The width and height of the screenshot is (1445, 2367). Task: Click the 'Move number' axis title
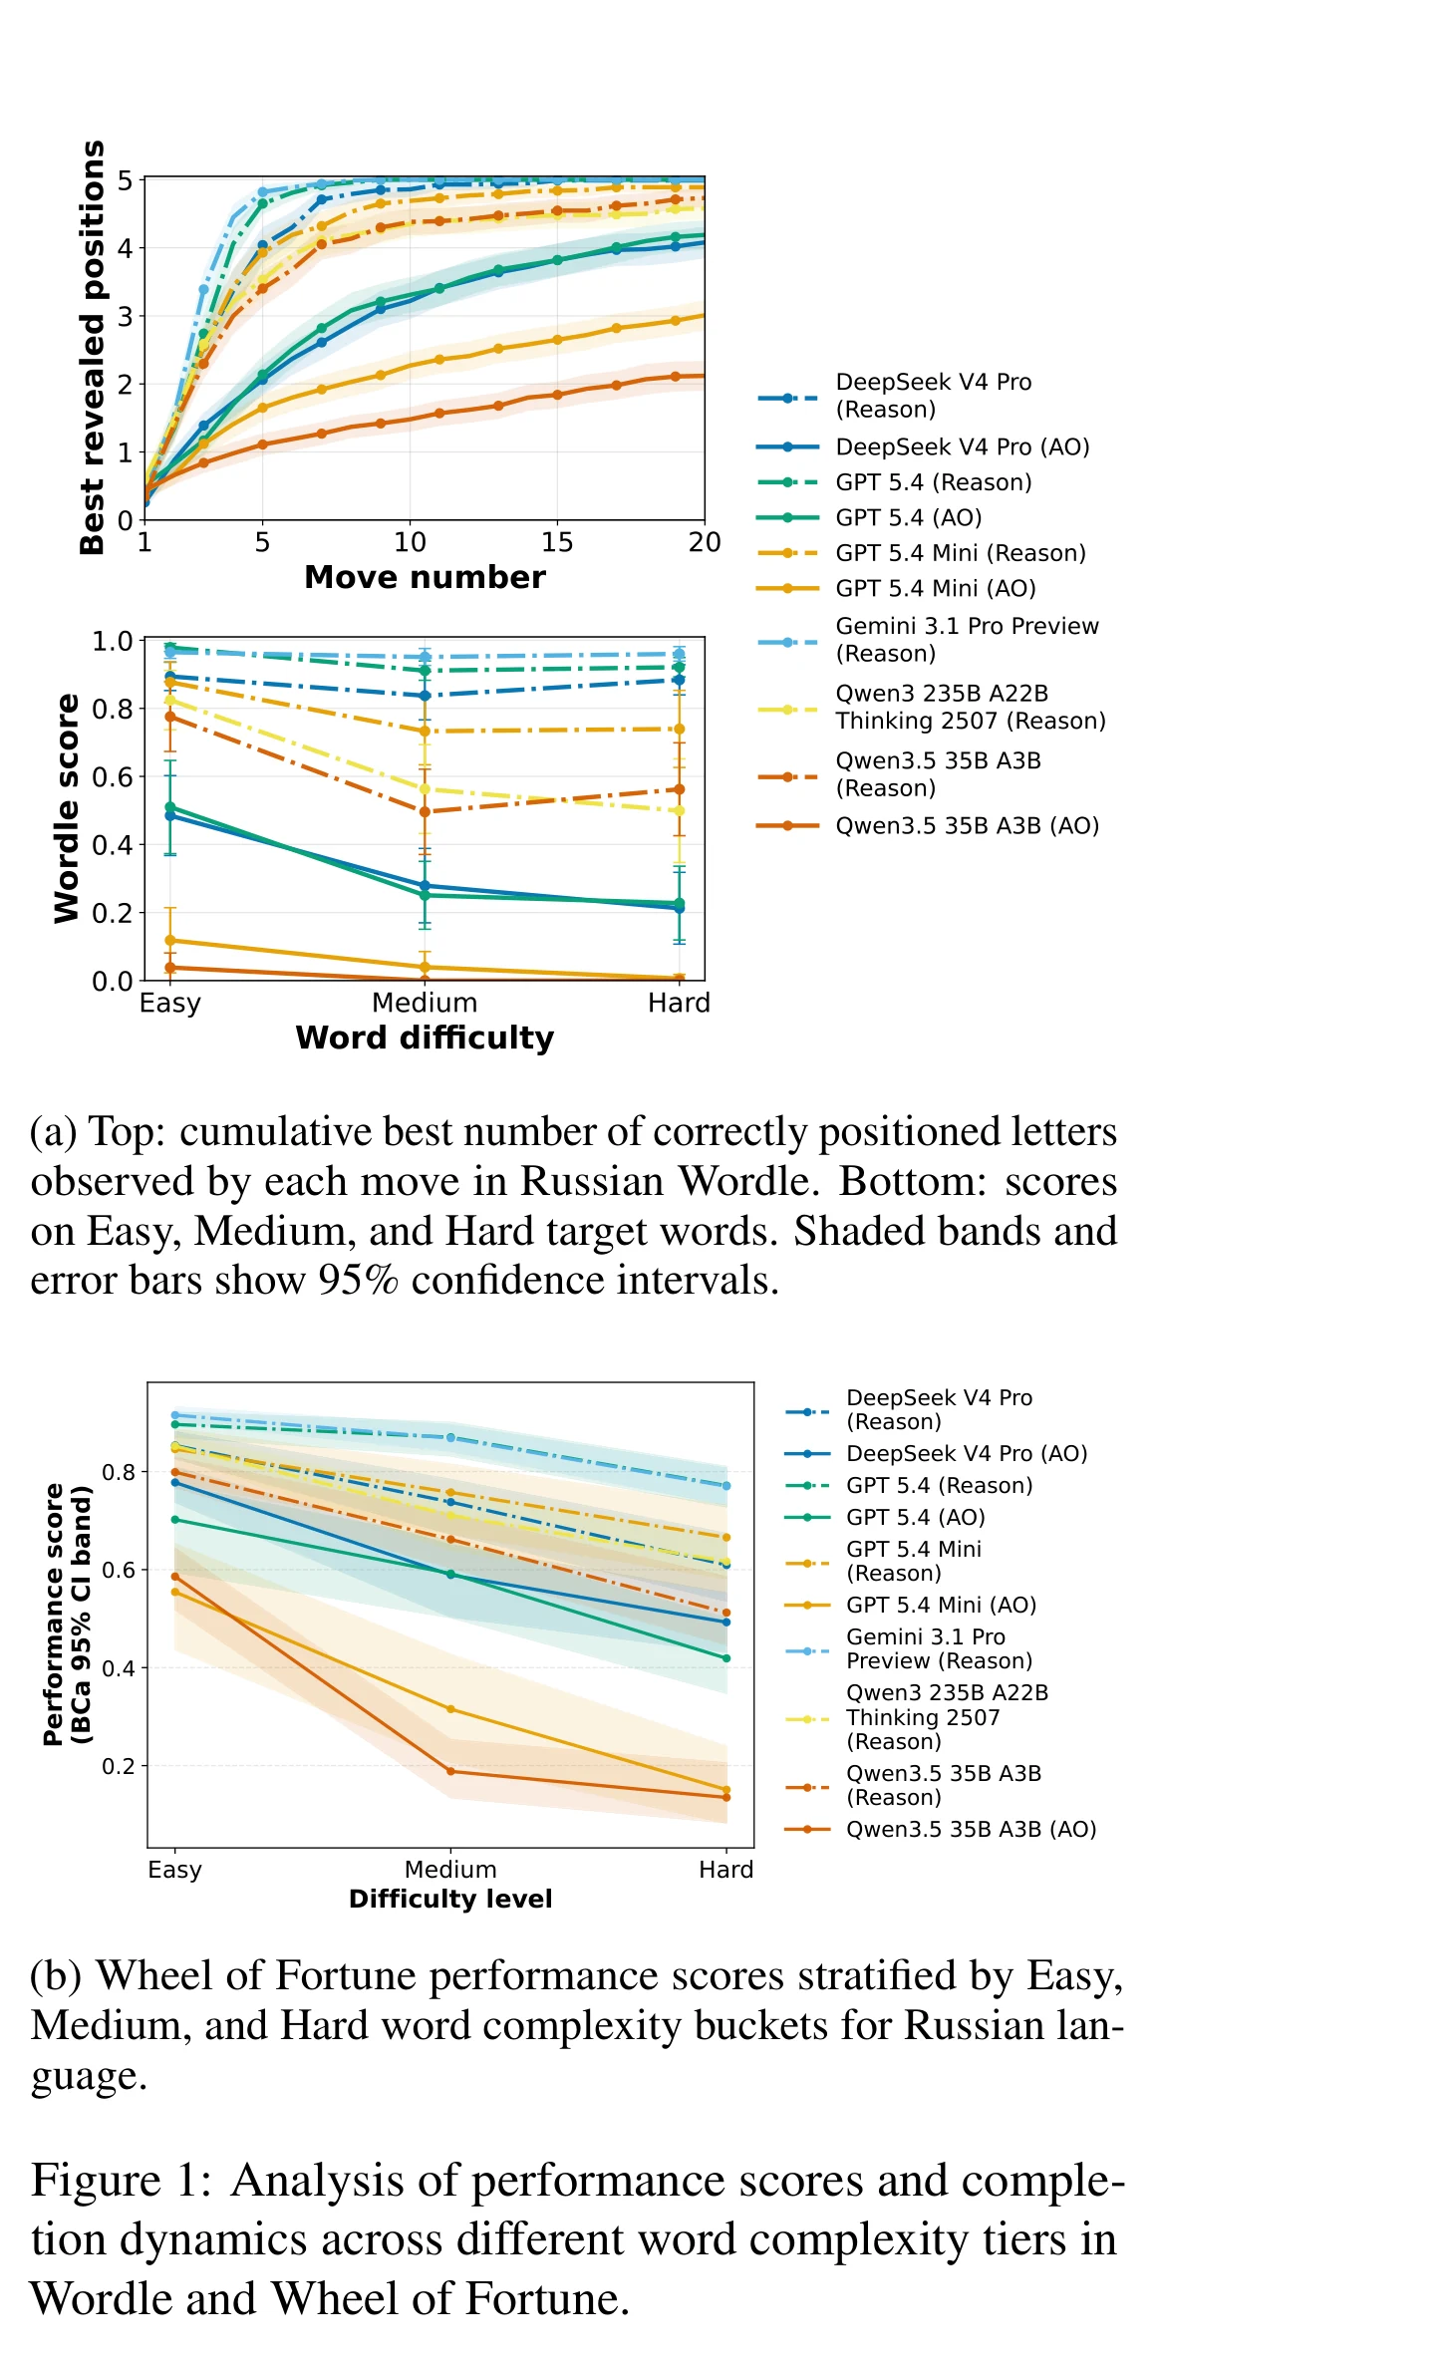point(425,578)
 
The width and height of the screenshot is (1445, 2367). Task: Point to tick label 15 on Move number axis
point(557,542)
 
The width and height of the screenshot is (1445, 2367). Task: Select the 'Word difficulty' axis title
point(425,1038)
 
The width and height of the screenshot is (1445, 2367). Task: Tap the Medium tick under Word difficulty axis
point(425,1003)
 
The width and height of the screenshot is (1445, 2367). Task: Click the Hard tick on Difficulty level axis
point(725,1870)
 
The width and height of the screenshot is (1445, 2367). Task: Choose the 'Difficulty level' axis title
point(450,1900)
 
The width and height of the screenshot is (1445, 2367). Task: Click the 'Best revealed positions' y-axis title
point(92,347)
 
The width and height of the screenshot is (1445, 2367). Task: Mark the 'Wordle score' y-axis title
point(66,808)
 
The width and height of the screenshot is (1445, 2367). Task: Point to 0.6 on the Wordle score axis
point(112,777)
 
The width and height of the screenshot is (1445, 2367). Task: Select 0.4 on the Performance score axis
point(118,1668)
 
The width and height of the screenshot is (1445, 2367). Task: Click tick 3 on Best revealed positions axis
point(125,317)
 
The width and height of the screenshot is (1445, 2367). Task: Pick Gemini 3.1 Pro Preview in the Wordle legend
point(967,640)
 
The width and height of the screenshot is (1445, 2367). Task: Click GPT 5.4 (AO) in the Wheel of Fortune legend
point(915,1518)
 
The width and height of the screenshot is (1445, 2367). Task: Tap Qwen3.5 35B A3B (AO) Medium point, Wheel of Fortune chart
point(450,1771)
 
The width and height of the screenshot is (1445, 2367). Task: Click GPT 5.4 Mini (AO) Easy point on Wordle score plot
point(170,940)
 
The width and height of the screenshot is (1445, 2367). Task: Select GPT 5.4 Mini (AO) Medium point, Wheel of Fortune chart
point(450,1709)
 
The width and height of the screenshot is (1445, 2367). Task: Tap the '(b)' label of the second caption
point(56,1977)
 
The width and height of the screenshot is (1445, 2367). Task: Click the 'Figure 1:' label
point(122,2182)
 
